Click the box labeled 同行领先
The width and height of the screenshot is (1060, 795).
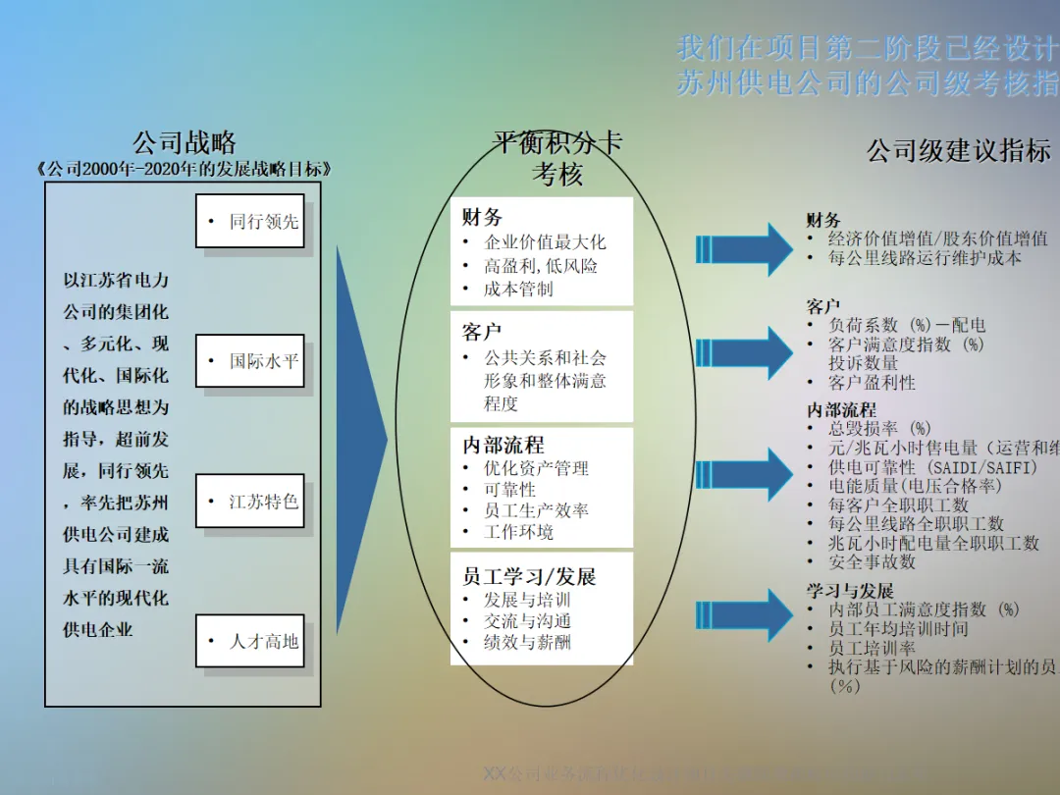coord(250,222)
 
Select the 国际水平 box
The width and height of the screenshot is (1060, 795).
coord(250,361)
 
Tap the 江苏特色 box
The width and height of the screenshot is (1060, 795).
coord(250,502)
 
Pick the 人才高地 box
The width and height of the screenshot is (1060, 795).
coord(250,641)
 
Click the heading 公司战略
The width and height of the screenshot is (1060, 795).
coord(185,143)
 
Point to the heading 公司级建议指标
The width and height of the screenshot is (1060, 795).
coord(958,151)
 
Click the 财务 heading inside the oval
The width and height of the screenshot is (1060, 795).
coord(482,218)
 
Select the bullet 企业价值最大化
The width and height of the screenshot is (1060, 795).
coord(545,242)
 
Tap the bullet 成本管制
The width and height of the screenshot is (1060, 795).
coord(518,290)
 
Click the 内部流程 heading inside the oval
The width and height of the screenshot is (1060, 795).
coord(503,445)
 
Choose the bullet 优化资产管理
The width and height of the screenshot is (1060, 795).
coord(536,468)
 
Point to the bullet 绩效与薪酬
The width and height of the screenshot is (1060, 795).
coord(527,643)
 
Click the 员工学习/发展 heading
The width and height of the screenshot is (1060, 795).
coord(529,576)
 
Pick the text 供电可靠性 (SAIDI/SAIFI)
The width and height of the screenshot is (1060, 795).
coord(932,467)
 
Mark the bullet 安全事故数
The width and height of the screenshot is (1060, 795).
coord(872,561)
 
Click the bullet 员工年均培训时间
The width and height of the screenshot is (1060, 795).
coord(898,629)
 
